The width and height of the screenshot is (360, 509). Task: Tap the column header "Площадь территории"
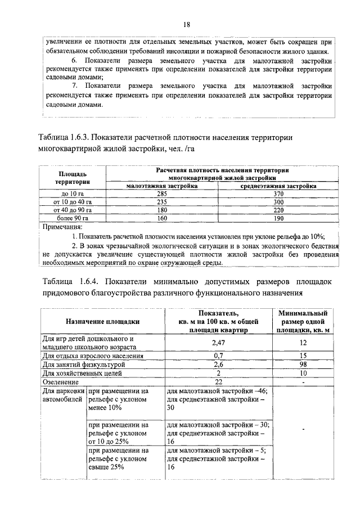73,178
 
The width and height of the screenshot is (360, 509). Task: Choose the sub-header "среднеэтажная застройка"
278,186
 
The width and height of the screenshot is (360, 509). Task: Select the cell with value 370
278,193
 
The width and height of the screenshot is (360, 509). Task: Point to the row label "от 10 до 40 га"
73,201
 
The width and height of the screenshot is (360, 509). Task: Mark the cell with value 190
278,217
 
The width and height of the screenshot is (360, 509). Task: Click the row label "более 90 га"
73,217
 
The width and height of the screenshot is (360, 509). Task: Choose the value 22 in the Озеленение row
218,381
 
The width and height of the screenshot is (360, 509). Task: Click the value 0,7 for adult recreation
218,356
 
